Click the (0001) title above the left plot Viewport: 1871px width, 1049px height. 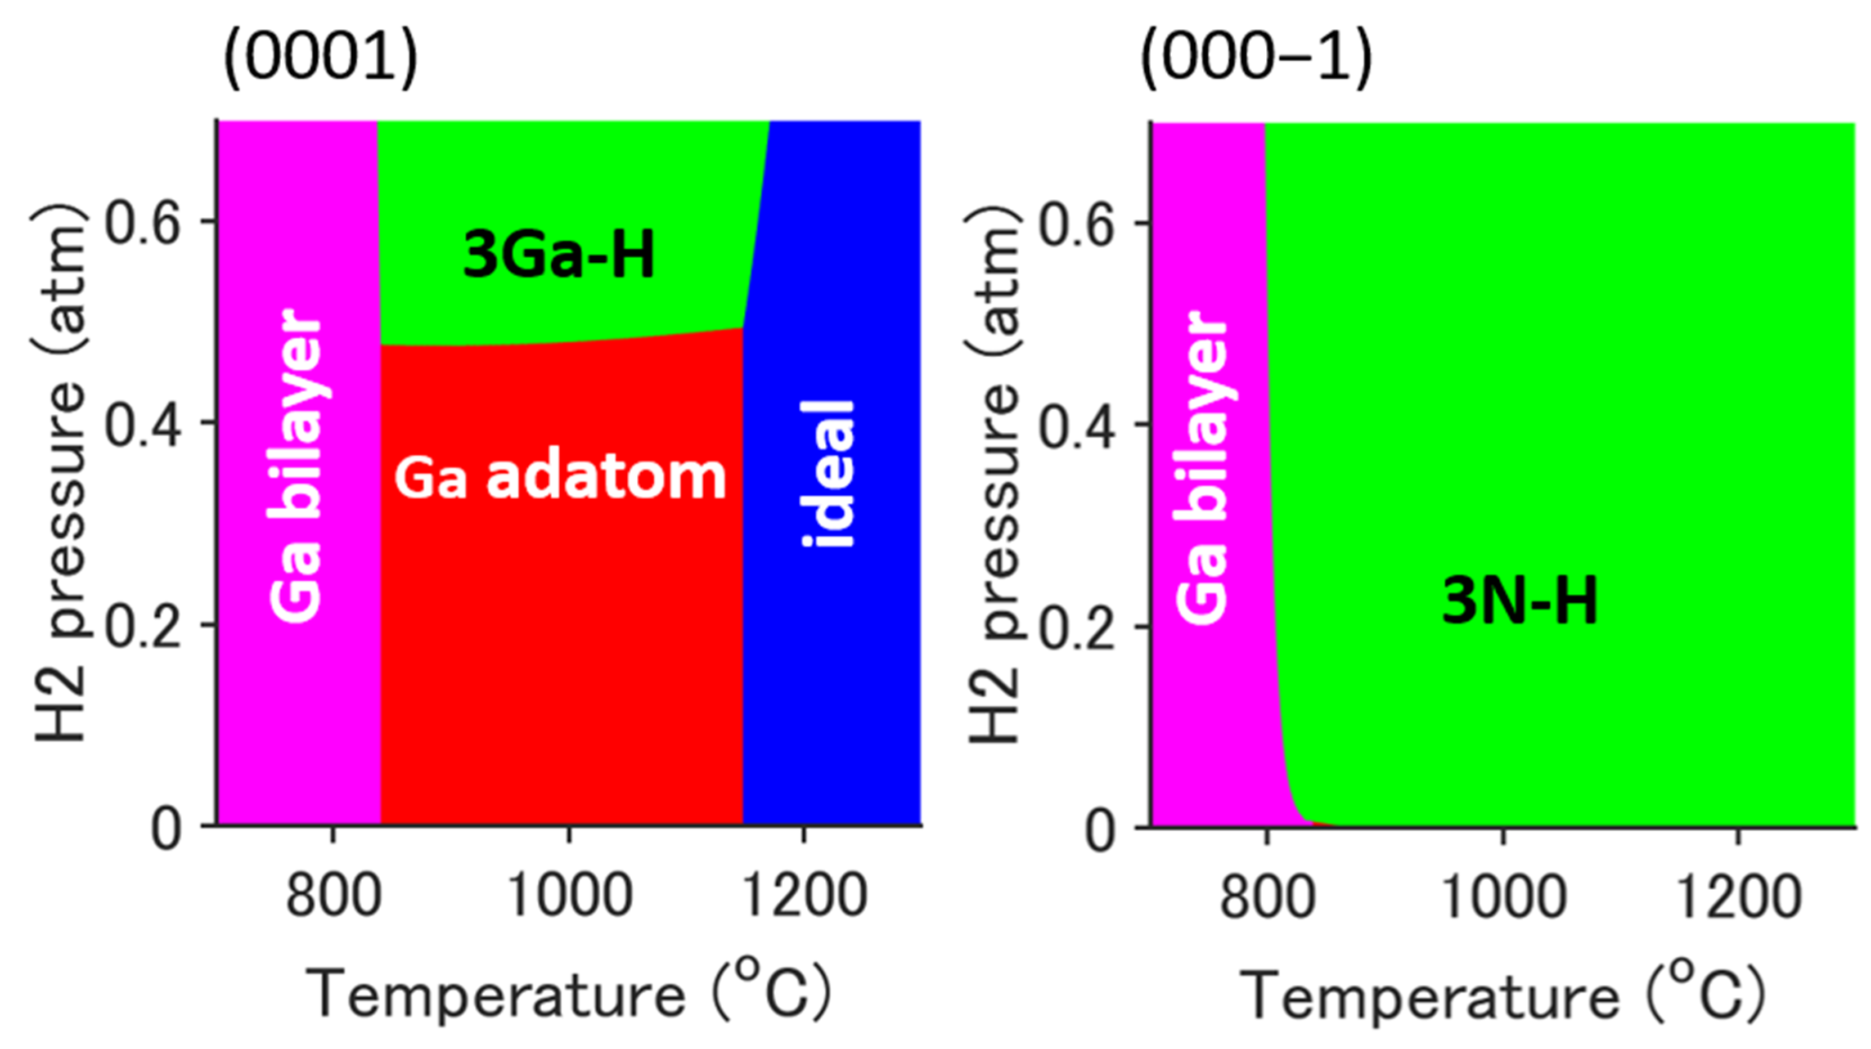[320, 58]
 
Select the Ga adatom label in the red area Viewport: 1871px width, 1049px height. [560, 478]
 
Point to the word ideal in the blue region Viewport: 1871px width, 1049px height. [828, 474]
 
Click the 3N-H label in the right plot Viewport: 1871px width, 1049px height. [1519, 600]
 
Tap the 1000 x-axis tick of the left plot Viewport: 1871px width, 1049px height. [569, 895]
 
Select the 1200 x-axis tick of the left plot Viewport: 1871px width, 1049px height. [804, 895]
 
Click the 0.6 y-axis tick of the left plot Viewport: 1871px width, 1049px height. [142, 222]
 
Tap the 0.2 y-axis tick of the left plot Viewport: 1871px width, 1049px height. [142, 625]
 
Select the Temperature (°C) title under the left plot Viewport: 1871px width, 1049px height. [569, 992]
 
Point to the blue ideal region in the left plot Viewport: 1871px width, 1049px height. [835, 654]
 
